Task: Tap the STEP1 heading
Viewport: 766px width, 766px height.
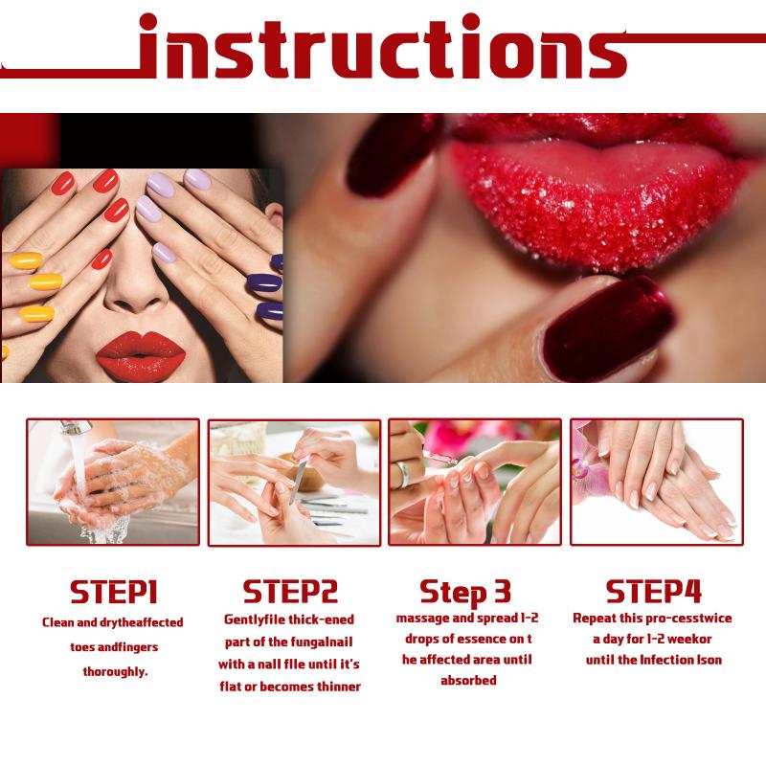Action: (x=114, y=592)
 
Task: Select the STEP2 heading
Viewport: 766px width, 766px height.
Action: (x=290, y=591)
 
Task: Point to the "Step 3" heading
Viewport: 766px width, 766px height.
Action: (x=465, y=592)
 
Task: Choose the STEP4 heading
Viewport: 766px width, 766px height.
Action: (x=653, y=591)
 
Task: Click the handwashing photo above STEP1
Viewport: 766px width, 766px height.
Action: (x=113, y=483)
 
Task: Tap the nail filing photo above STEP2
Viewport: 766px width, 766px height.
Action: (x=294, y=483)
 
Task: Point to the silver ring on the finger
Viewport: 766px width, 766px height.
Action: (x=402, y=474)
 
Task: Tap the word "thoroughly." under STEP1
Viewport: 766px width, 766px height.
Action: (x=115, y=672)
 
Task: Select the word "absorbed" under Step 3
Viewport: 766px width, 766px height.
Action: (x=468, y=681)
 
